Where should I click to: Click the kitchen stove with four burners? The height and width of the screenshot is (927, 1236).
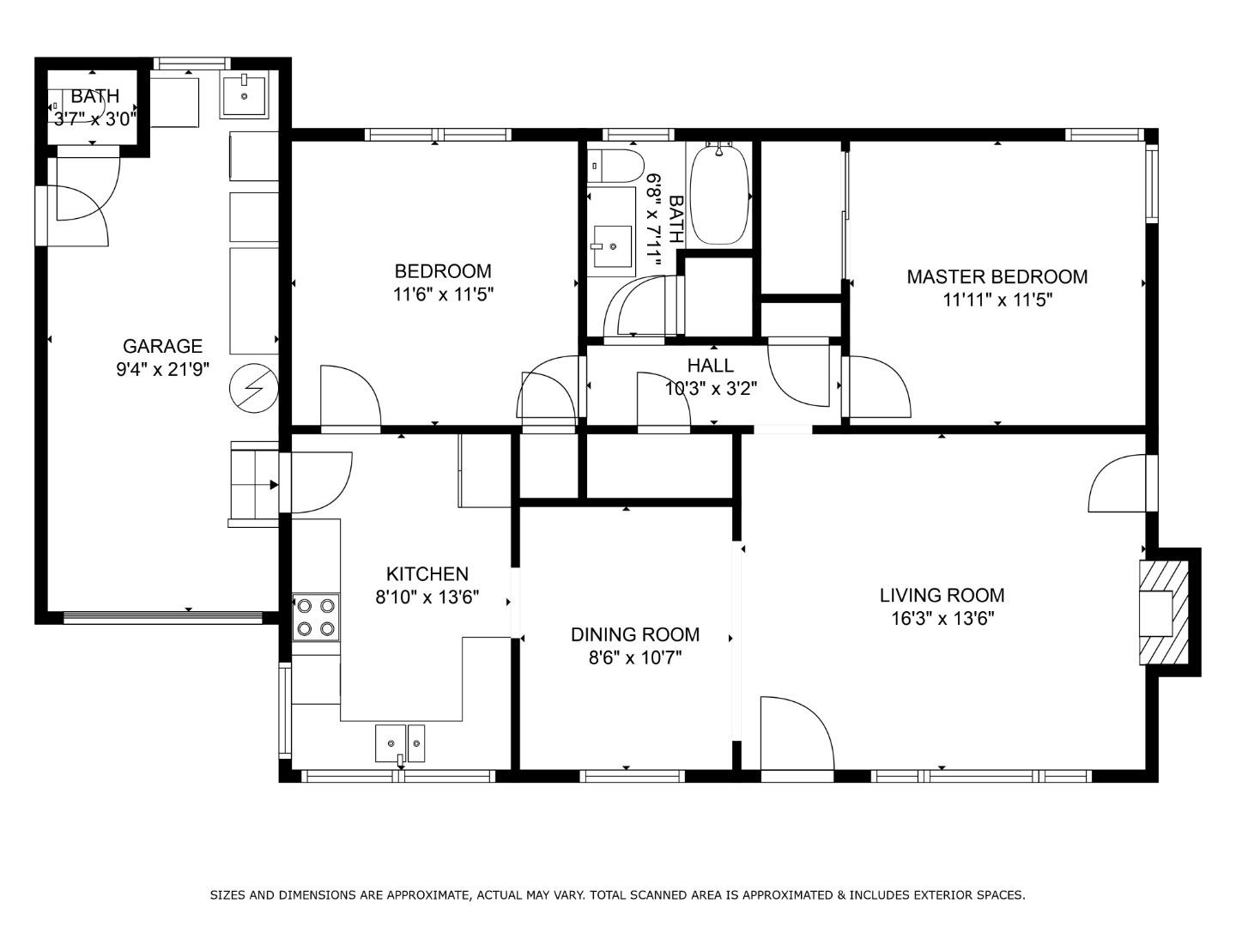[315, 617]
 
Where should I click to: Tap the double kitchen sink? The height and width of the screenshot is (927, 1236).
[400, 743]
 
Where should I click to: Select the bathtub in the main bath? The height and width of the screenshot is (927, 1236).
[718, 196]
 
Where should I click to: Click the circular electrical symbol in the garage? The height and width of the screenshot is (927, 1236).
[253, 389]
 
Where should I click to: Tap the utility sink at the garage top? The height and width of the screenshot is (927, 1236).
[245, 94]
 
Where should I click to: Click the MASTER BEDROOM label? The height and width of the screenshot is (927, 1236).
[997, 276]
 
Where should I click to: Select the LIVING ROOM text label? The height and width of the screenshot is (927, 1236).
[942, 595]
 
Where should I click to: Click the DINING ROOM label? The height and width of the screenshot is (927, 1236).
[634, 634]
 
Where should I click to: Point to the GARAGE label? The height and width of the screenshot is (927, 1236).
[162, 346]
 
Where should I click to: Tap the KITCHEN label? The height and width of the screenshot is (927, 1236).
[427, 574]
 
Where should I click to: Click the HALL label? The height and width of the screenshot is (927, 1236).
[710, 366]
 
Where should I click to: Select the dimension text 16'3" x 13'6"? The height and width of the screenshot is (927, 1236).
[942, 619]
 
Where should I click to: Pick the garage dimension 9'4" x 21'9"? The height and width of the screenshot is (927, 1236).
[162, 370]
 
